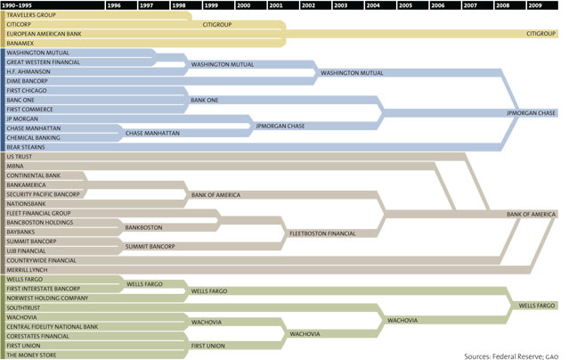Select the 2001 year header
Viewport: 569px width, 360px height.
(276, 5)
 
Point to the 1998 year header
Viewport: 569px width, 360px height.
(179, 5)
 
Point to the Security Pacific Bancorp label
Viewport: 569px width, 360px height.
(42, 194)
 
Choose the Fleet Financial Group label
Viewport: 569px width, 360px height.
(37, 213)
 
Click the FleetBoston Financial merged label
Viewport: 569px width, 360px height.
(322, 233)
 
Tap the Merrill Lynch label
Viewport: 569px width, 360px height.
(26, 269)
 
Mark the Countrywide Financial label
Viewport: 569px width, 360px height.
(39, 259)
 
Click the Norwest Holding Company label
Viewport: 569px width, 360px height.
(45, 298)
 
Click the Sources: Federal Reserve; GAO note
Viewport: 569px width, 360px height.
(511, 355)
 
